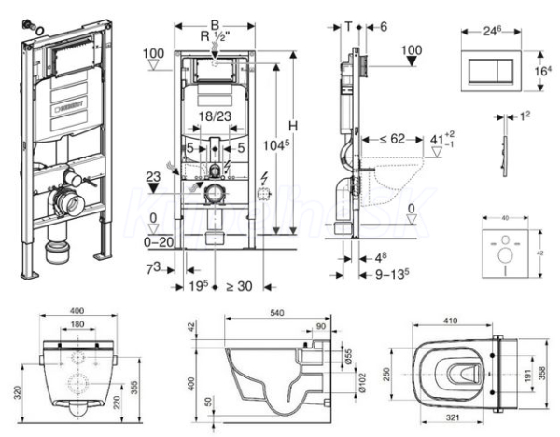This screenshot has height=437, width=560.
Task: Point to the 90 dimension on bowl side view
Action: point(321,326)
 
